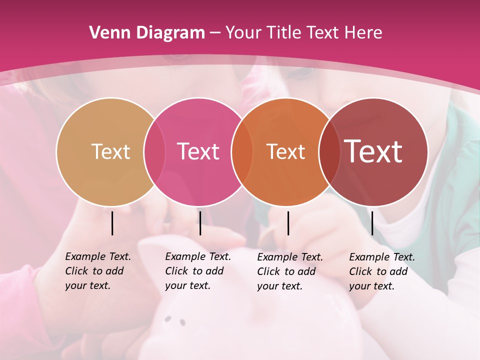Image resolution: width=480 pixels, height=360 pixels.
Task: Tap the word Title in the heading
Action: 284,33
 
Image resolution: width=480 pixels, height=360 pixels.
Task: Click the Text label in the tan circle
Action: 110,151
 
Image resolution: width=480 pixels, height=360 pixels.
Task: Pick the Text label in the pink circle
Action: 198,151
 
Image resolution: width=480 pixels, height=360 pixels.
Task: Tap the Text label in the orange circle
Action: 285,151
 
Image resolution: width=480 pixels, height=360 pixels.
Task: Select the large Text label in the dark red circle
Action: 373,151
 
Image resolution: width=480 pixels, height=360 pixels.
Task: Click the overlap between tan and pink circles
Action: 154,152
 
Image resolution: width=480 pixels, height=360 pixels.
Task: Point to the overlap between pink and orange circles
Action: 241,152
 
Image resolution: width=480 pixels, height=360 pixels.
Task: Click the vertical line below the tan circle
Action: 112,223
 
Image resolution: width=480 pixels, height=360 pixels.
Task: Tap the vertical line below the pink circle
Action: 200,223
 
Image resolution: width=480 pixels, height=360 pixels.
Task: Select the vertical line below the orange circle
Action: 288,223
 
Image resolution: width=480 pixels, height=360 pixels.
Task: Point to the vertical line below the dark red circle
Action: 372,223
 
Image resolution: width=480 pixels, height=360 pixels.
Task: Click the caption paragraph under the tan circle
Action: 97,271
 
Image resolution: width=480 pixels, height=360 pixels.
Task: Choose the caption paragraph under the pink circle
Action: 197,271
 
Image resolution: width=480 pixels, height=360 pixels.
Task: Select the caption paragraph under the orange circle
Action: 289,271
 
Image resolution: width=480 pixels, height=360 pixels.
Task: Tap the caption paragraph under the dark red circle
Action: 381,271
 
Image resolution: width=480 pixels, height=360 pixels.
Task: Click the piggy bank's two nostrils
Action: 175,320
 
